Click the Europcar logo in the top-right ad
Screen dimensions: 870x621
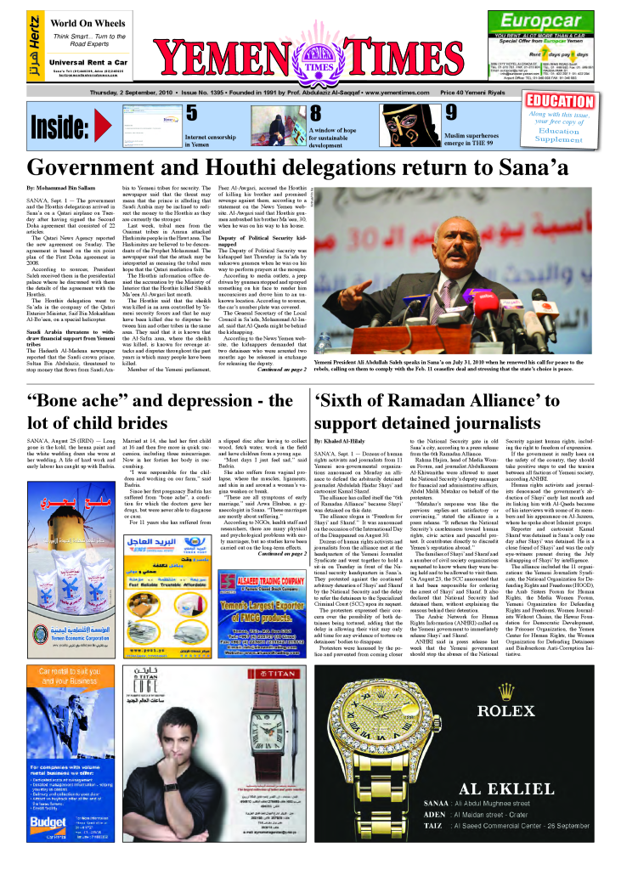[x=540, y=21]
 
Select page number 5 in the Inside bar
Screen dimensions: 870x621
[x=191, y=113]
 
